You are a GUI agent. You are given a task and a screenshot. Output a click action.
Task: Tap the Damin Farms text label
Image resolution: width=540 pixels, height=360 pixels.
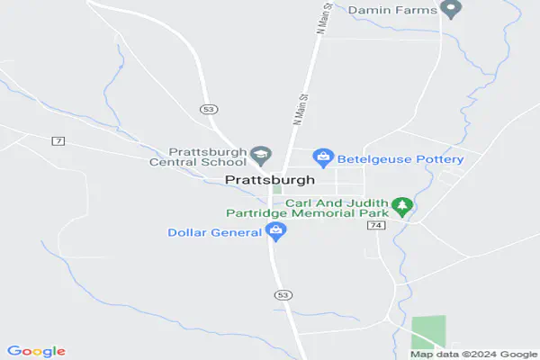click(393, 10)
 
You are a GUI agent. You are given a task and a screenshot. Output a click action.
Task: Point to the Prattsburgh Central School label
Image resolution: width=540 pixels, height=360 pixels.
click(207, 157)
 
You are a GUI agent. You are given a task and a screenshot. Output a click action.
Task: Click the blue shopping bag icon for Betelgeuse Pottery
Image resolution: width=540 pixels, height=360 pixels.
click(323, 158)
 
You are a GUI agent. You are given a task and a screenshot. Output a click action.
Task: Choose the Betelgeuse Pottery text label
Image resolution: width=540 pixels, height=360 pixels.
click(400, 159)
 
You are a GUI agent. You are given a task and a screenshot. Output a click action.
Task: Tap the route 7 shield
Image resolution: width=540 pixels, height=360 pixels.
click(58, 141)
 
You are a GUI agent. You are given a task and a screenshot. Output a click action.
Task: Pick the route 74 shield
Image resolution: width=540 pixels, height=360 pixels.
click(375, 225)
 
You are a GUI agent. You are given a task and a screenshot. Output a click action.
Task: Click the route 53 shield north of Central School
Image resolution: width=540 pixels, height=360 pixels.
click(208, 108)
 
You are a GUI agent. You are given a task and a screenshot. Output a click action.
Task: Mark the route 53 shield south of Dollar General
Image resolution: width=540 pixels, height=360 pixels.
click(283, 295)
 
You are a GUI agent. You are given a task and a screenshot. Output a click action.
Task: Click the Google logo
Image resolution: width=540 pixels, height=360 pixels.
click(36, 351)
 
